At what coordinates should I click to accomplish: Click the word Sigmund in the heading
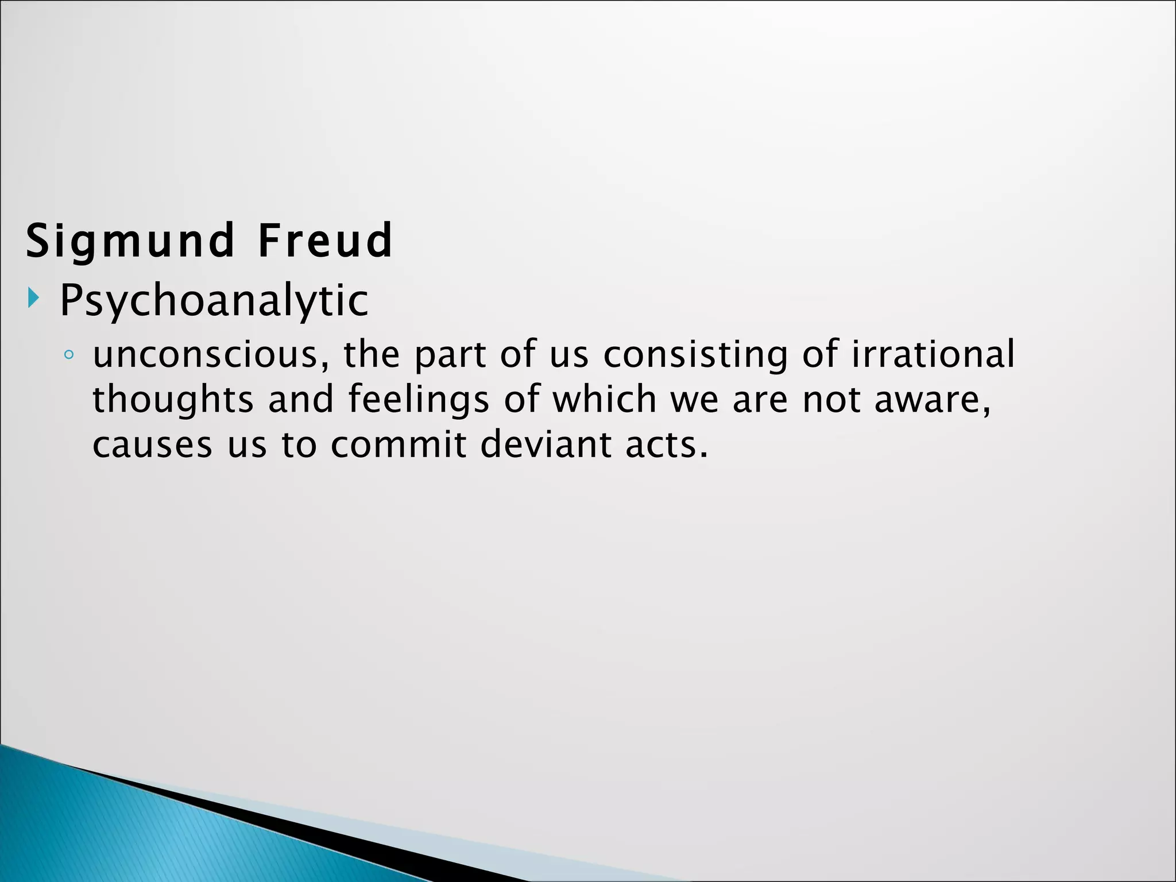pos(130,241)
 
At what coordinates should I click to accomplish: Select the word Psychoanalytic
pos(214,301)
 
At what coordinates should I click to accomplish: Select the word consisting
pos(695,355)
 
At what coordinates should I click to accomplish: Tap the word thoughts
pos(172,400)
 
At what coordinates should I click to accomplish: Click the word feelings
pos(419,400)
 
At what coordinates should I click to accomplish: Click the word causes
pos(152,446)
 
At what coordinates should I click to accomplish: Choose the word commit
pos(399,445)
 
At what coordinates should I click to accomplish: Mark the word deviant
pos(546,445)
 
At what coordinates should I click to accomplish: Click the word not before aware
pos(831,400)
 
